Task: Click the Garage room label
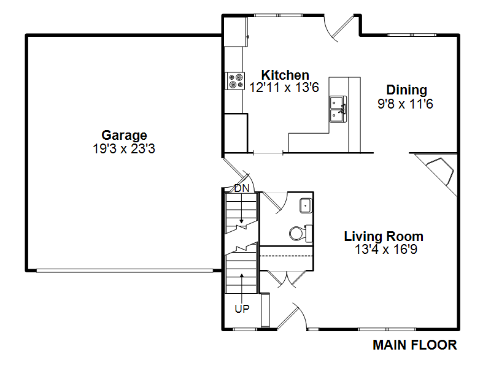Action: [x=124, y=135]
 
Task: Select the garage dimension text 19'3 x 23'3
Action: [x=124, y=148]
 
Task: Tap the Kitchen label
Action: [x=285, y=75]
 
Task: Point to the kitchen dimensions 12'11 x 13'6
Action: [x=285, y=88]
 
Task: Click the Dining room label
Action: [x=406, y=90]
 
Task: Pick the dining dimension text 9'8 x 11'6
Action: [x=406, y=104]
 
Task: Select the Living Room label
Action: [x=383, y=236]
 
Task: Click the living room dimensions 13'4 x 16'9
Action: [x=383, y=250]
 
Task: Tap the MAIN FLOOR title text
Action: [x=415, y=345]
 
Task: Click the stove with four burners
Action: [x=235, y=81]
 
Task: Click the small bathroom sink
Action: [x=306, y=205]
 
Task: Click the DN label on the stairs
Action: [x=242, y=188]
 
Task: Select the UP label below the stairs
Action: [x=242, y=309]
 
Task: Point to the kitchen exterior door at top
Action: [x=339, y=28]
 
